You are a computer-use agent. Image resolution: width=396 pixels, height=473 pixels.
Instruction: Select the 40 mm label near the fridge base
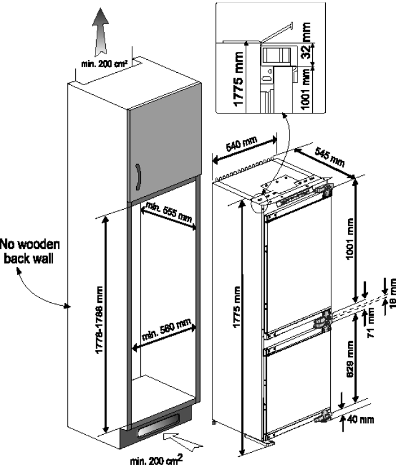coord(364,421)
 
